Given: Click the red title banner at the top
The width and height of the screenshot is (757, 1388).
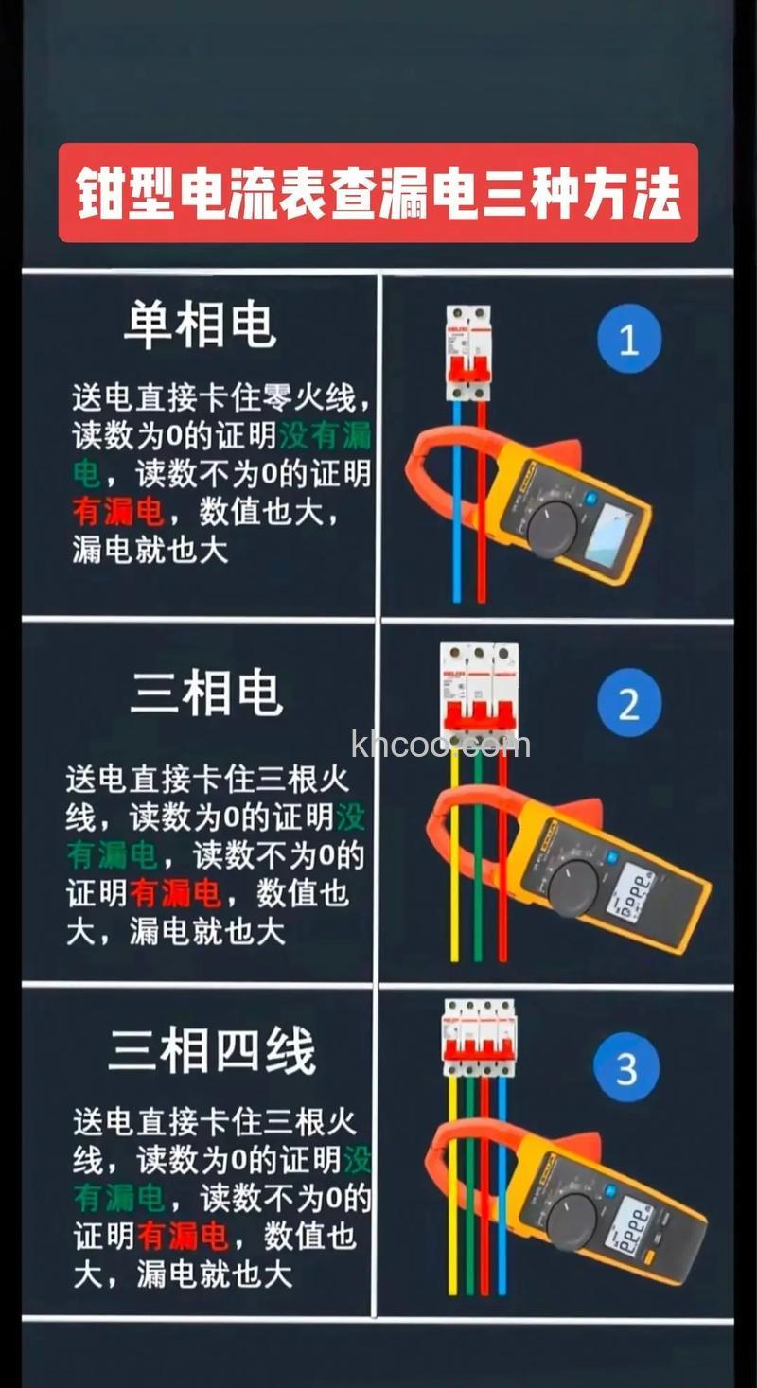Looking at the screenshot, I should pos(378,193).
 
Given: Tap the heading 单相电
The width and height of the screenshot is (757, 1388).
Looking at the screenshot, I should pos(200,325).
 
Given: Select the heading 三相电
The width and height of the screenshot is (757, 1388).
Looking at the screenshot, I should pos(205,694).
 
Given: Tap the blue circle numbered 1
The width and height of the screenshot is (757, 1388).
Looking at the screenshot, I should pos(629,339).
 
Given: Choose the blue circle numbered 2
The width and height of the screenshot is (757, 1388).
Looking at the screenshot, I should pos(629,704).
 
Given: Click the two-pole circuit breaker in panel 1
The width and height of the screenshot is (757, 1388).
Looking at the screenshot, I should pos(469,353).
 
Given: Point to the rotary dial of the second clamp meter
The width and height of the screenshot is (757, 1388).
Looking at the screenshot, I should pos(573,887).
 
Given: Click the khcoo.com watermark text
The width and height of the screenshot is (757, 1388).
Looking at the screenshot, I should pos(440,745).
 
